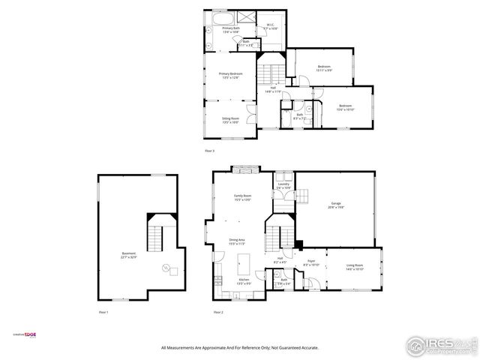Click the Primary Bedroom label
pos(230,76)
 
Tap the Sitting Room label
pos(230,120)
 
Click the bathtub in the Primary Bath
pos(223,17)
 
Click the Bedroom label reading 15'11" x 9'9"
pos(324,69)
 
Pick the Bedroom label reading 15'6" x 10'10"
pos(345,107)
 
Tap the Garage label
pos(335,205)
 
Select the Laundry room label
pos(283,185)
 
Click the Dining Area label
pos(237,241)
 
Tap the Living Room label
pos(354,266)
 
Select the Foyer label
pos(311,263)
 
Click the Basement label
pos(129,255)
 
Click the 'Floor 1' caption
pos(103,312)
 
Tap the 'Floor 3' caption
pos(210,151)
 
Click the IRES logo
pos(439,345)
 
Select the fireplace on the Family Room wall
pos(244,168)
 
